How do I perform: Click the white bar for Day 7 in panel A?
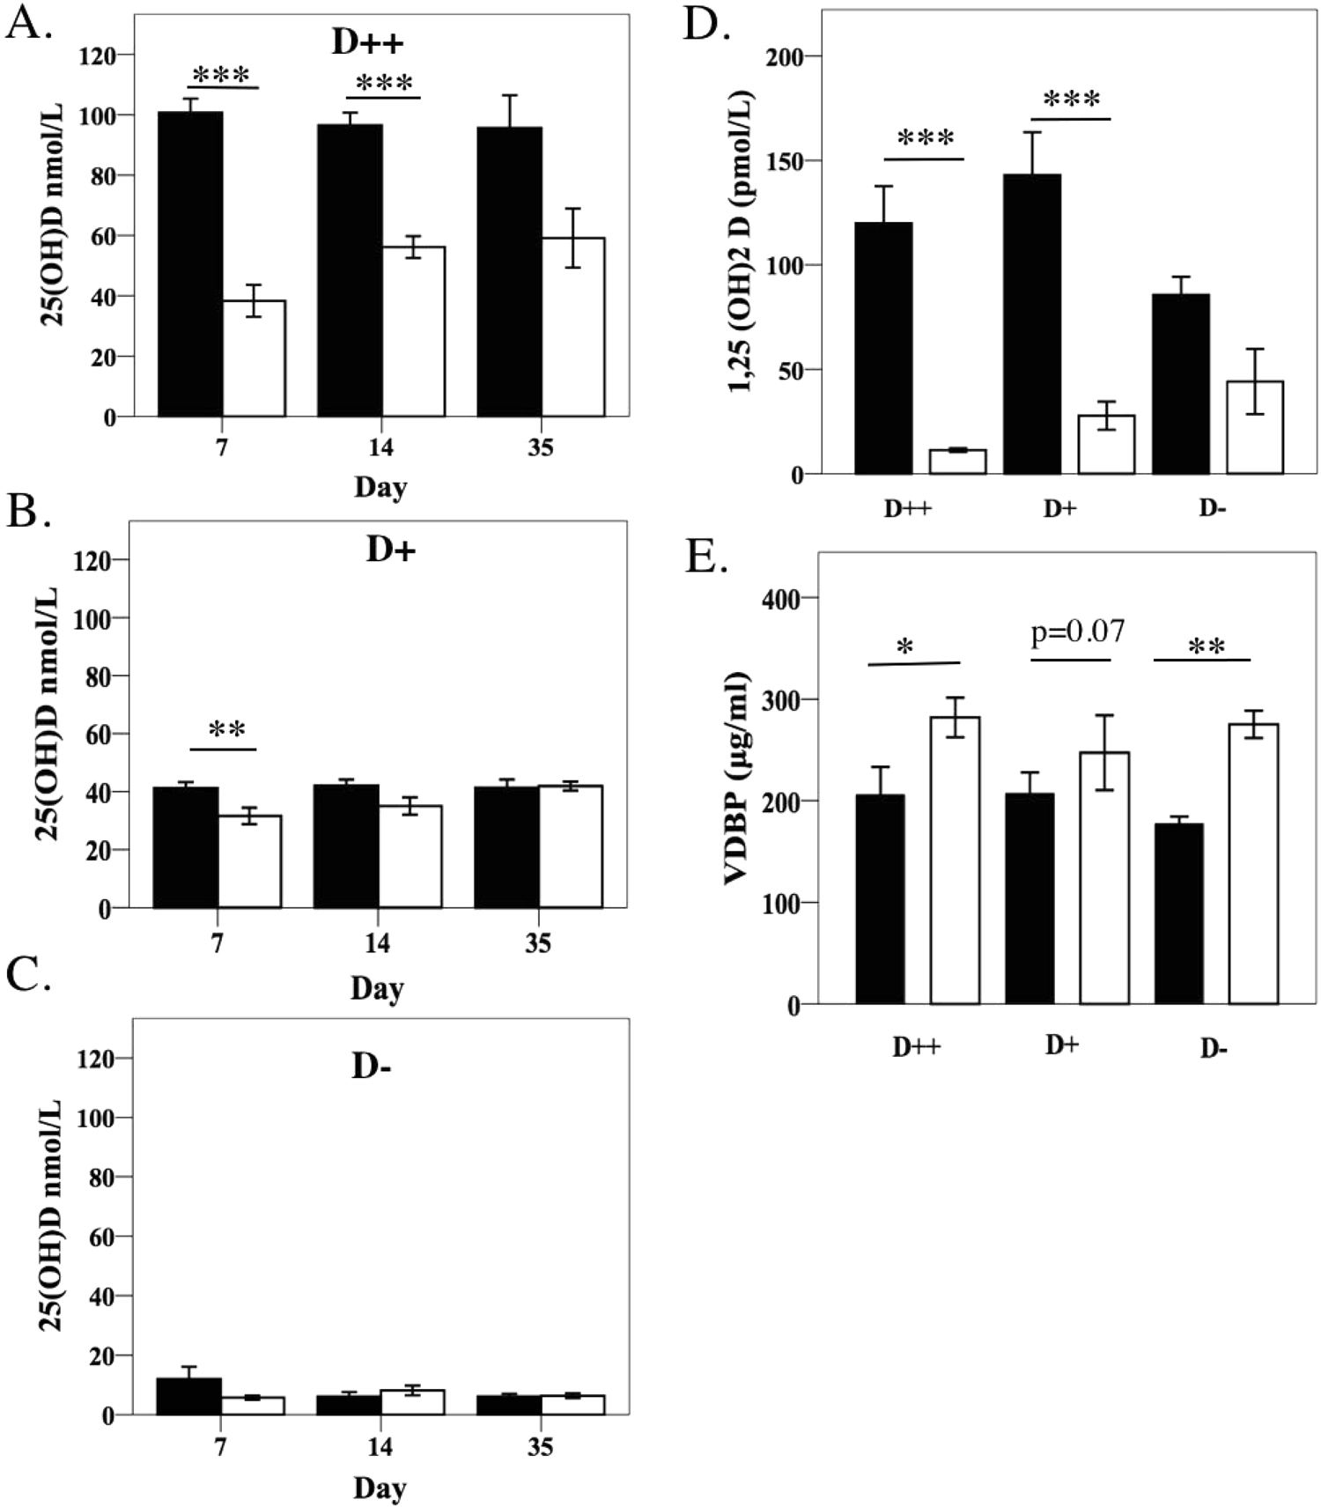[x=254, y=358]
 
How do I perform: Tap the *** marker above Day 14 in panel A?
[x=384, y=85]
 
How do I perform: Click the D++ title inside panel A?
[x=367, y=42]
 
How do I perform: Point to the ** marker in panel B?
[x=226, y=730]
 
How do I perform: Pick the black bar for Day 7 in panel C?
[x=188, y=1396]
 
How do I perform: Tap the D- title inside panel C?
[x=371, y=1067]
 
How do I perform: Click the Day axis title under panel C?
[x=380, y=1488]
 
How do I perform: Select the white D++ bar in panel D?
[x=957, y=462]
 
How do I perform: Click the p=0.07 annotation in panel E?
[x=1077, y=632]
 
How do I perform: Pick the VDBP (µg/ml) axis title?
[x=736, y=778]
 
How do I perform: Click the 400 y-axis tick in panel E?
[x=781, y=599]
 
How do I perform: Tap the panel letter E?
[x=705, y=557]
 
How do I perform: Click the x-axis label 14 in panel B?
[x=377, y=943]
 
